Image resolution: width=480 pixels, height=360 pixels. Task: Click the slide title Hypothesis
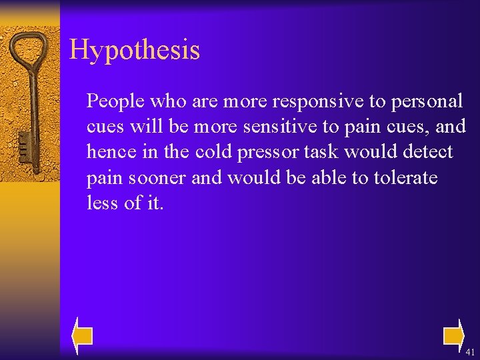[134, 50]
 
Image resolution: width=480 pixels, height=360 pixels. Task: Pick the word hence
[109, 152]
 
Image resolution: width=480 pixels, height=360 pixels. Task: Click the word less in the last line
[103, 203]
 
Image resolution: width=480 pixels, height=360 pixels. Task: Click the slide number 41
[471, 352]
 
